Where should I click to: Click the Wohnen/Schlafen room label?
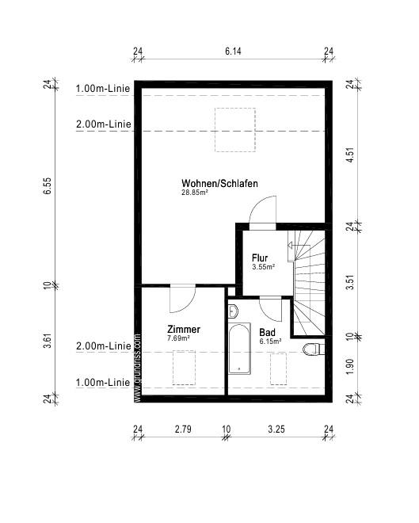pos(219,184)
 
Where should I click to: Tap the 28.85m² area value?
pos(195,193)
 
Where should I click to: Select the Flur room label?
pos(260,258)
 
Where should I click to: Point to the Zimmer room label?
pos(184,329)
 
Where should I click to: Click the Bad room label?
pos(268,332)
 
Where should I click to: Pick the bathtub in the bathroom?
pos(239,349)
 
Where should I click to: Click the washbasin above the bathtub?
pos(233,311)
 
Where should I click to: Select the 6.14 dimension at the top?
pos(233,51)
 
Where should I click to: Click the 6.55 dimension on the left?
pos(48,185)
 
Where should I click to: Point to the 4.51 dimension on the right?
pos(349,155)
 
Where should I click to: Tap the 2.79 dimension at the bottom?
pos(183,429)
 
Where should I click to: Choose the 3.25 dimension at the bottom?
pos(276,429)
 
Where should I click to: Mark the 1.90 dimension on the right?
pos(349,366)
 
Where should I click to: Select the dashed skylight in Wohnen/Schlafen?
pos(235,130)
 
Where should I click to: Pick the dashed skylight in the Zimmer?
pos(184,368)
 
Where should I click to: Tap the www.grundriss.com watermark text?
pos(137,368)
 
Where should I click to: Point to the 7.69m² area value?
pos(179,338)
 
